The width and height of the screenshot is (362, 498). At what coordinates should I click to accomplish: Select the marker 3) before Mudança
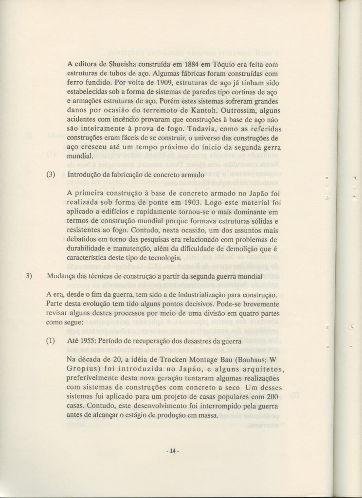[x=29, y=277]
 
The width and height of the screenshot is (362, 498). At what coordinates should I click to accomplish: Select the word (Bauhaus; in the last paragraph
[x=249, y=361]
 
